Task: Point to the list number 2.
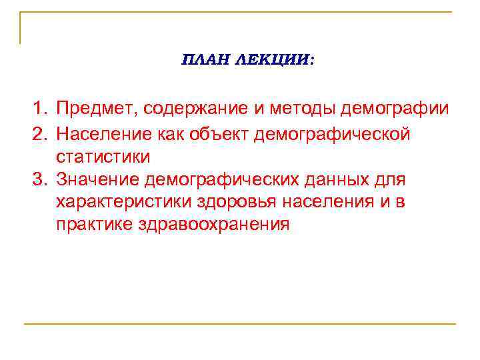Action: pos(41,134)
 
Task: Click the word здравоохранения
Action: pos(216,224)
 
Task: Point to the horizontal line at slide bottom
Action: pos(240,324)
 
